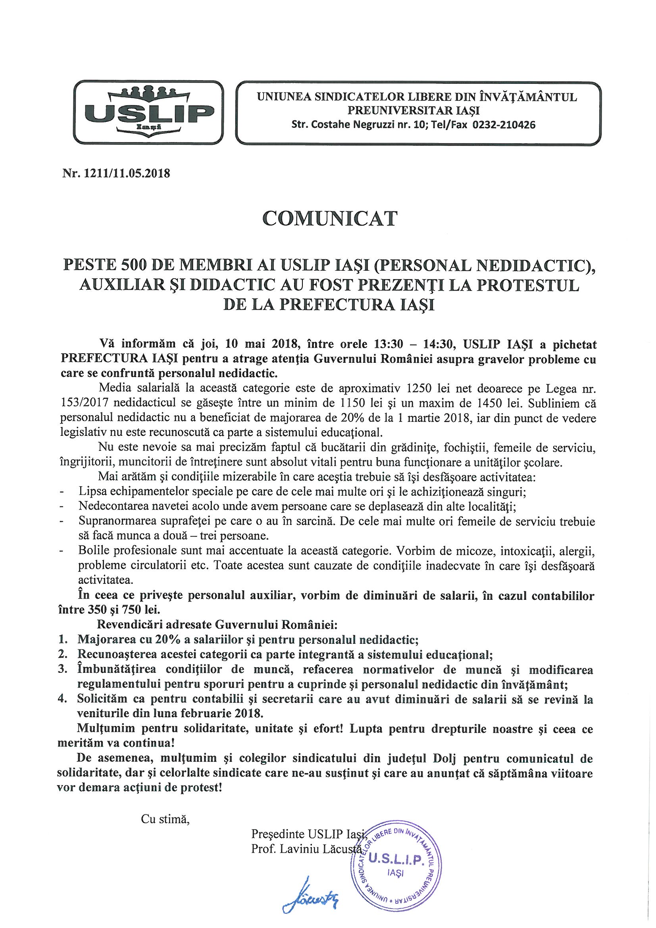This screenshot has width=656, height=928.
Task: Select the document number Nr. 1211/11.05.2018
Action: [116, 174]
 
